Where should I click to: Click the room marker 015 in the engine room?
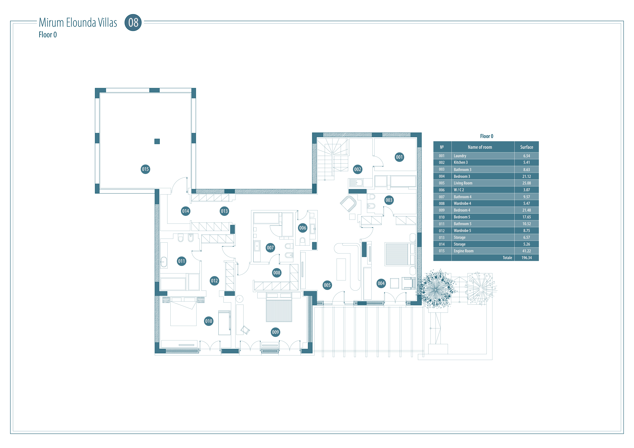145,169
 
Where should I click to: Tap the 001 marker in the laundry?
399,157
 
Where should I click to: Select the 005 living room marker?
327,285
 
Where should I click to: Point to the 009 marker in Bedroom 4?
275,332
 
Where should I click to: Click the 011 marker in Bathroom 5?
181,261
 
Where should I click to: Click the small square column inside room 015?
157,141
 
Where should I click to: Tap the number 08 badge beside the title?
133,22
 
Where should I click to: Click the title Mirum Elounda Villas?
78,23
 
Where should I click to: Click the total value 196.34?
527,258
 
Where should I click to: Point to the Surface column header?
527,147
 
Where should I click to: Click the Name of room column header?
480,147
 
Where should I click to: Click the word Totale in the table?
507,258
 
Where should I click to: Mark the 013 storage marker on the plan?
224,211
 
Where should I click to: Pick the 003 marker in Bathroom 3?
389,200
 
